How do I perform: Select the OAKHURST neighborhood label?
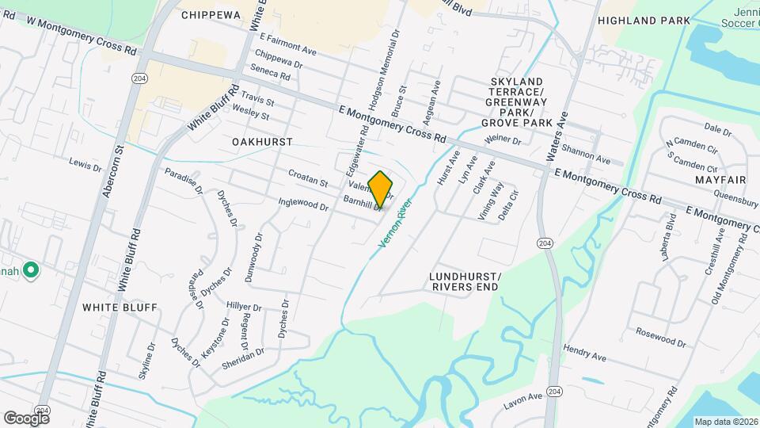[263, 142]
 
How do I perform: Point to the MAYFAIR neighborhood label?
[700, 181]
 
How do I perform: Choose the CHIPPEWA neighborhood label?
[211, 15]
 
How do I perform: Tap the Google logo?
[26, 418]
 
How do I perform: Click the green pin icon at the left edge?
[32, 271]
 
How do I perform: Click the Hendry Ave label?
[585, 353]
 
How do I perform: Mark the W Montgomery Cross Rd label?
[82, 33]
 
